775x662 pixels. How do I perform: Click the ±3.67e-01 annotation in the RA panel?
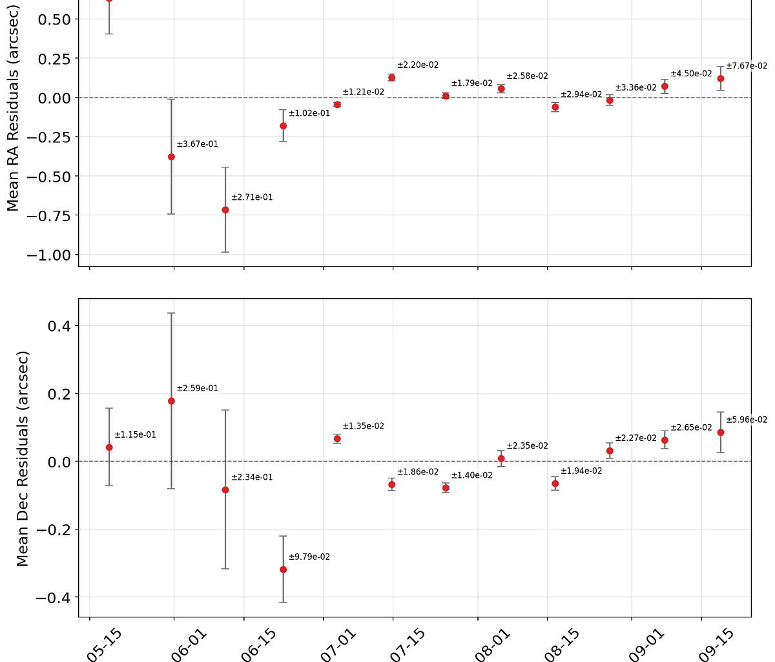point(197,144)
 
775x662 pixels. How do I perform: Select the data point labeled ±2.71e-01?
point(225,209)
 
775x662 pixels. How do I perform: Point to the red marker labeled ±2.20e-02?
point(391,78)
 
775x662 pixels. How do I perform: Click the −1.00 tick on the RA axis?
point(48,255)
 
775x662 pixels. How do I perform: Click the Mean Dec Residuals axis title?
point(23,459)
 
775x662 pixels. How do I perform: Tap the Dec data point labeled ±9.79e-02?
point(283,570)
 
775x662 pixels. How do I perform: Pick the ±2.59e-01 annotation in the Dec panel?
point(197,389)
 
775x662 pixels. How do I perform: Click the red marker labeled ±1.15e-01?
point(109,447)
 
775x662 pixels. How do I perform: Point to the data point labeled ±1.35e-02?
point(337,439)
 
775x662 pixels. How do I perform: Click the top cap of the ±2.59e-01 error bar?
point(171,313)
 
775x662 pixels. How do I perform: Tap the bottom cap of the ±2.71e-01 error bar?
point(225,252)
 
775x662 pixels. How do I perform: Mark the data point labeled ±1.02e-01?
point(283,126)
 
